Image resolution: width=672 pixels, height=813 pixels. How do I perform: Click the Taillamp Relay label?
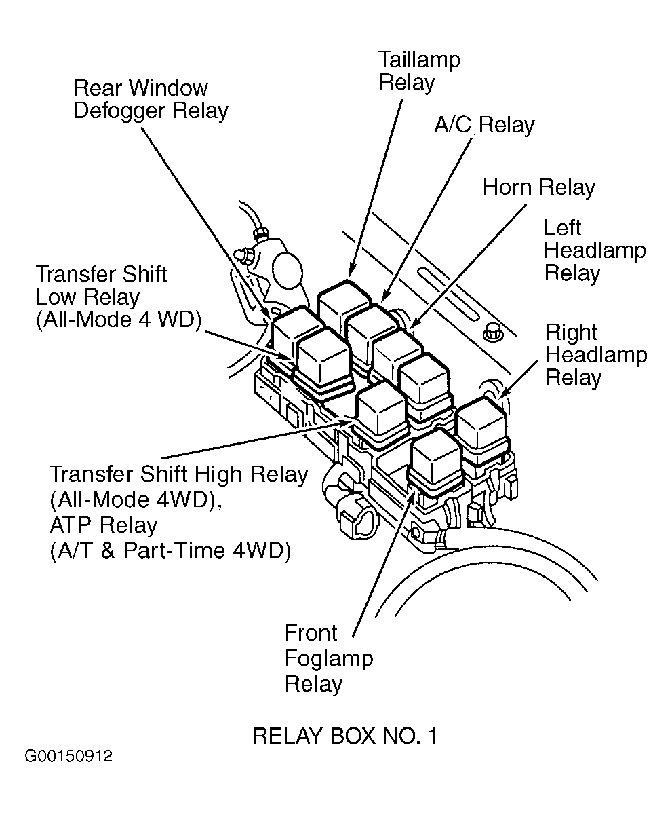coord(418,71)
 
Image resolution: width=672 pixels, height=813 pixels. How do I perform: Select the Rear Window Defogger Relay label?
coord(151,100)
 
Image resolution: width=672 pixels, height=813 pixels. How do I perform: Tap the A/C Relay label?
coord(484,125)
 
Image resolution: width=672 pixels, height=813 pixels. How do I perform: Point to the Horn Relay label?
coord(539,187)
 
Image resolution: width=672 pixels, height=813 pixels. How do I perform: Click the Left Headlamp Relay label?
coord(595,250)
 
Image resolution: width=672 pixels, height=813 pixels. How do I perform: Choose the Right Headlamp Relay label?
coord(596,355)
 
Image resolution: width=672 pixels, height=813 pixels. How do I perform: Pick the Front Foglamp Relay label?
coord(328,658)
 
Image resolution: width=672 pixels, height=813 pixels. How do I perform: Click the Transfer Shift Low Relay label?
coord(118,297)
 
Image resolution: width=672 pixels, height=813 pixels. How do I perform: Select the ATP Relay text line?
coord(104,525)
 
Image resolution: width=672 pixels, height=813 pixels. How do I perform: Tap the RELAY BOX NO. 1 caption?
coord(344,736)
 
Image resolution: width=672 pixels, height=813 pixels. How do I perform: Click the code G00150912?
coord(68,757)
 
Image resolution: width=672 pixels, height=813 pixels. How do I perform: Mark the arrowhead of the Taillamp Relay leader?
coord(351,273)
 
